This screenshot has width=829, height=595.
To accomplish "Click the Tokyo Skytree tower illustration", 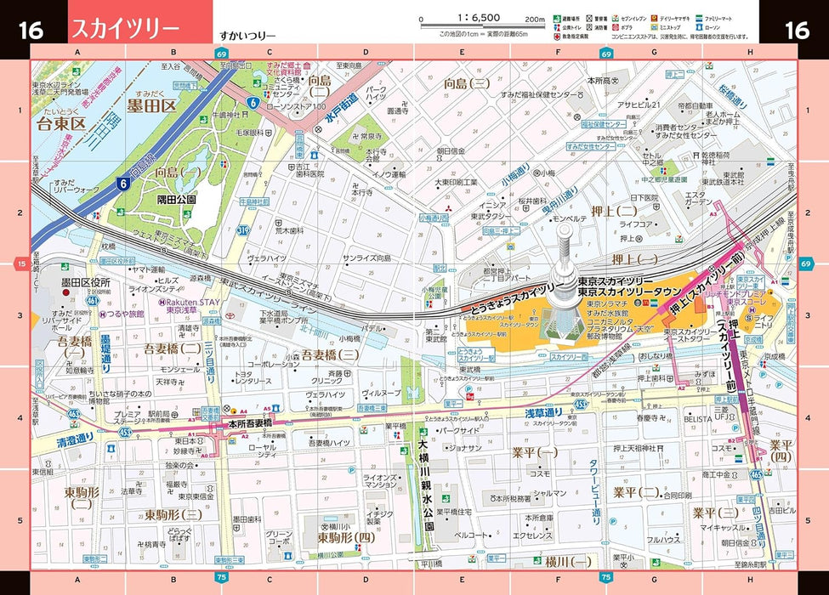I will pos(561,289).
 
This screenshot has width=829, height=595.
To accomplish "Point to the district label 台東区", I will pos(62,125).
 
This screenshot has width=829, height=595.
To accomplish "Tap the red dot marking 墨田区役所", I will pos(65,292).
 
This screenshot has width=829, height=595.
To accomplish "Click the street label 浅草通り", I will pos(543,413).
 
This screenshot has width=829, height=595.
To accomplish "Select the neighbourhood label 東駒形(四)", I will pos(345,537).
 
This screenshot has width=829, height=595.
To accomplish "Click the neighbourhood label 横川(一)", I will pos(568,561).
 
